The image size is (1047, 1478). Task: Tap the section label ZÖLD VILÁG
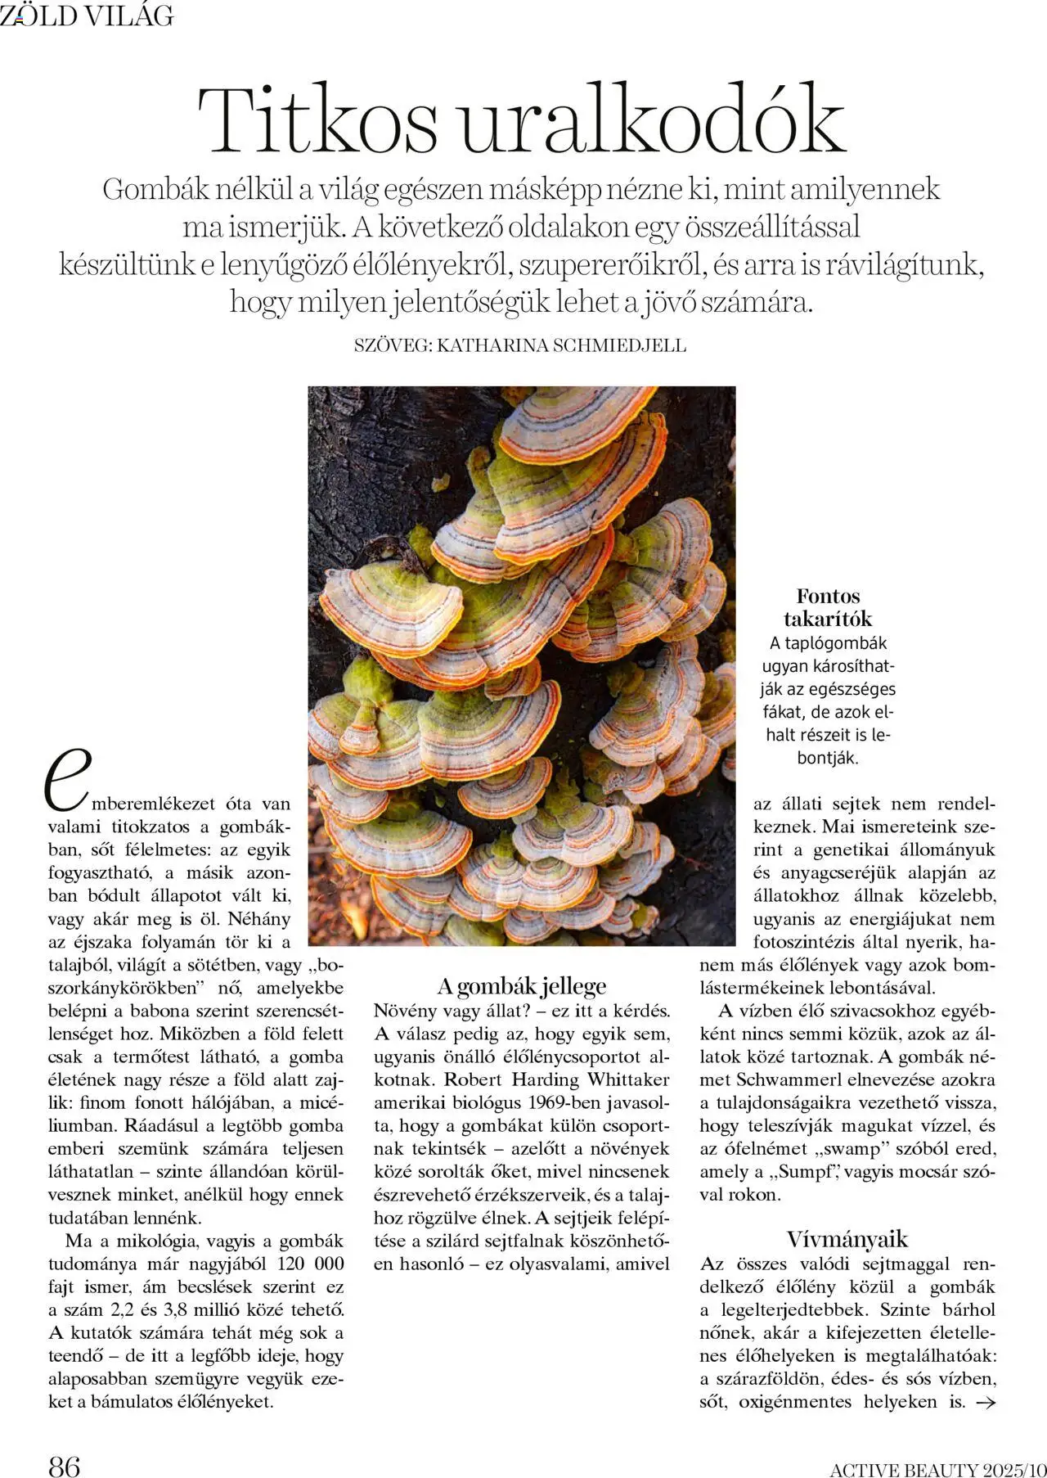(x=87, y=16)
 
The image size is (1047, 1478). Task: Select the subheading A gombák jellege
(x=521, y=986)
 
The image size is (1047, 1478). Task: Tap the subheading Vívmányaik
(x=847, y=1238)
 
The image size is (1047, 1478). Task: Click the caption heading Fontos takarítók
(x=828, y=607)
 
